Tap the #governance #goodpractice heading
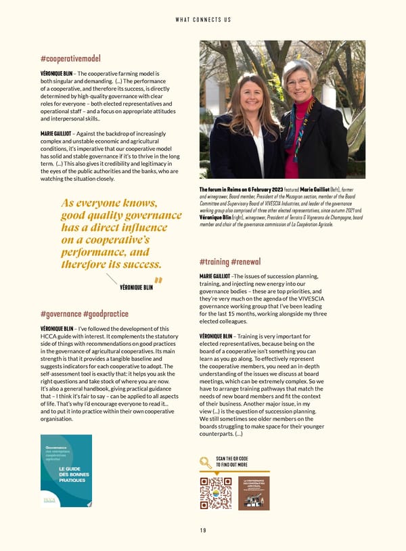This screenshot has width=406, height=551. [85, 314]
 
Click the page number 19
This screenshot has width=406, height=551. [203, 530]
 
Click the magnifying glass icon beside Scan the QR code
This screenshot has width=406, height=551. [206, 462]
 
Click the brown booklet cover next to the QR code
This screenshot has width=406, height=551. [254, 493]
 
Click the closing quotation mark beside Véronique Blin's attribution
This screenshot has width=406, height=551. [159, 281]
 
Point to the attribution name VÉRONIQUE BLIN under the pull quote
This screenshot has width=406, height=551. [136, 287]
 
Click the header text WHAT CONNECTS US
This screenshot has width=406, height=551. [203, 20]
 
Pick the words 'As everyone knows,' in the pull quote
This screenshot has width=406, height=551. [109, 203]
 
